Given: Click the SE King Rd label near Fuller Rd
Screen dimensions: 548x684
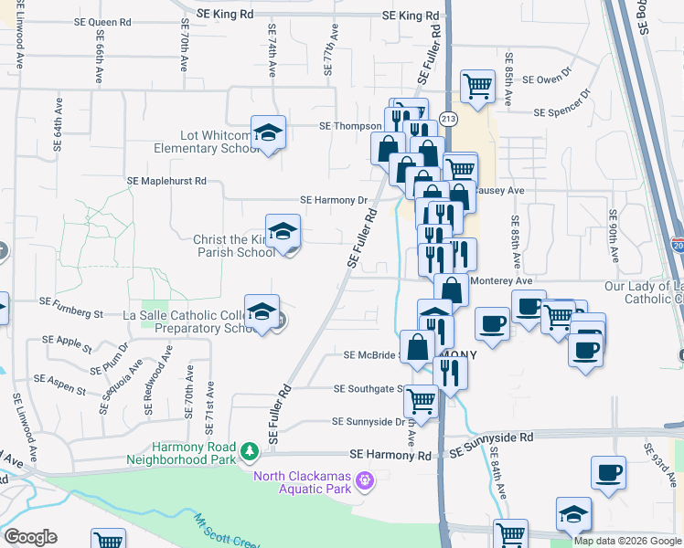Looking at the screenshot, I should [411, 16].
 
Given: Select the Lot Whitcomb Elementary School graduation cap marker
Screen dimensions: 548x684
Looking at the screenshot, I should [269, 132].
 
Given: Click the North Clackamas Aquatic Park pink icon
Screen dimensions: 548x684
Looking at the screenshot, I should [365, 479].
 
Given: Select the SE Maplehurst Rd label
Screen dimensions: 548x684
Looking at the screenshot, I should [167, 181].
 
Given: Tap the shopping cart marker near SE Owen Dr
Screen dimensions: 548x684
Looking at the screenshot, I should [478, 87].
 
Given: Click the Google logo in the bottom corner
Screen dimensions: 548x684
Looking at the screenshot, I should [30, 537].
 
